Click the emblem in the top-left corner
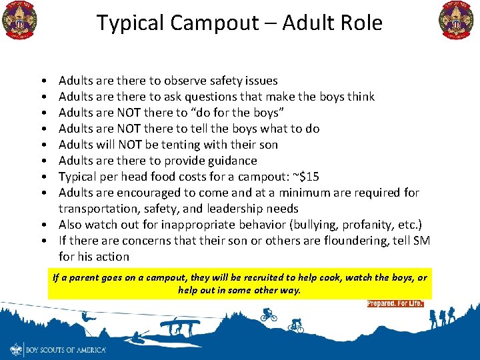(x=20, y=20)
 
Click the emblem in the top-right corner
(x=457, y=20)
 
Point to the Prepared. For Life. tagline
(x=395, y=304)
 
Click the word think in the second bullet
(x=361, y=97)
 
